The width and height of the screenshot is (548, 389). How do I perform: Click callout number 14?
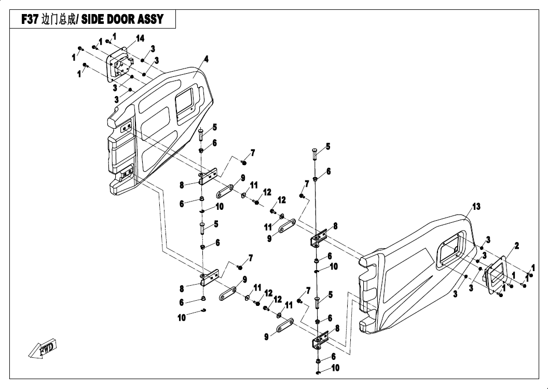(x=140, y=38)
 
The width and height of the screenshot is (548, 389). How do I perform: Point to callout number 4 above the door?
(x=206, y=59)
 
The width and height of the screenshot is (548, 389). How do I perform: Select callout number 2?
(x=516, y=246)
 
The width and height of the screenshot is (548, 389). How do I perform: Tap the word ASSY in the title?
(x=152, y=19)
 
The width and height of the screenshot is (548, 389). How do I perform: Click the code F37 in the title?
(x=30, y=19)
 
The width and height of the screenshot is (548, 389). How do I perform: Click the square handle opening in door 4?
(x=184, y=101)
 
